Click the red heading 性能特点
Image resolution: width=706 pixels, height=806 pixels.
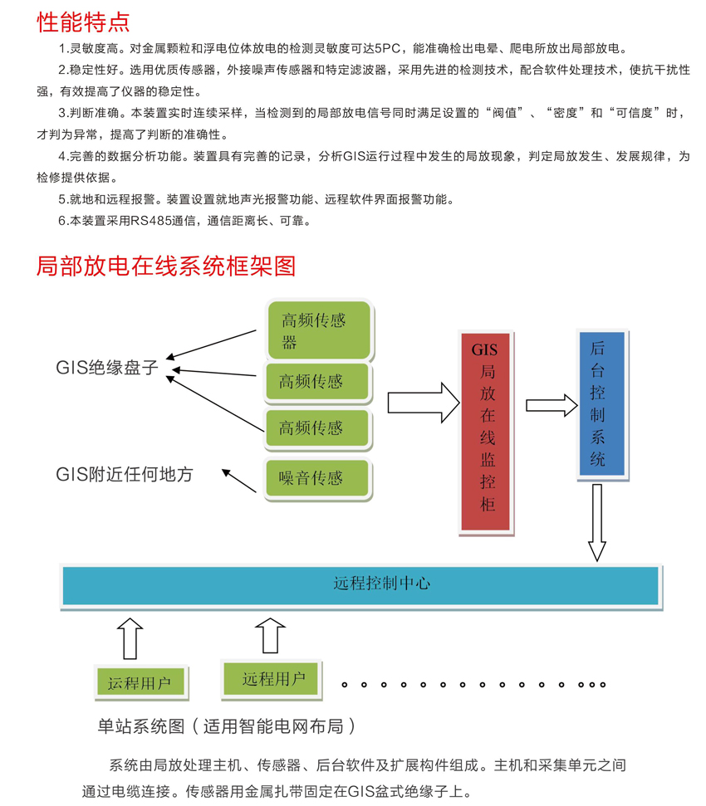pos(83,20)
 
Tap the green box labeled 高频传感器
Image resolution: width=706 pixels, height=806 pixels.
pos(319,330)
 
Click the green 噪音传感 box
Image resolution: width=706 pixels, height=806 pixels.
pos(316,478)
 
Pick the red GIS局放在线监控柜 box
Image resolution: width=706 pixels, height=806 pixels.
pos(488,430)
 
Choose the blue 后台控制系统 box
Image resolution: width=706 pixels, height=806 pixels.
pos(600,403)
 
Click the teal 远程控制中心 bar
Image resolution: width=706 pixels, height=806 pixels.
pos(360,584)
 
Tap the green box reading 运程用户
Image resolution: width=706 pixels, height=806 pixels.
pos(140,682)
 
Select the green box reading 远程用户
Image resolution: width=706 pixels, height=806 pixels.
pos(273,678)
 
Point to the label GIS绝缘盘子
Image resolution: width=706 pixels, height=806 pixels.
pos(107,368)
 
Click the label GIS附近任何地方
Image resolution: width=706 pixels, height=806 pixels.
pos(125,474)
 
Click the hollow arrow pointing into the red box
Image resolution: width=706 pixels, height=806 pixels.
pos(424,402)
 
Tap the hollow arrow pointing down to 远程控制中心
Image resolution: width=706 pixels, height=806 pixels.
pos(596,522)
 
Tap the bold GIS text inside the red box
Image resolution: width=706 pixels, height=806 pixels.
pos(484,350)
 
